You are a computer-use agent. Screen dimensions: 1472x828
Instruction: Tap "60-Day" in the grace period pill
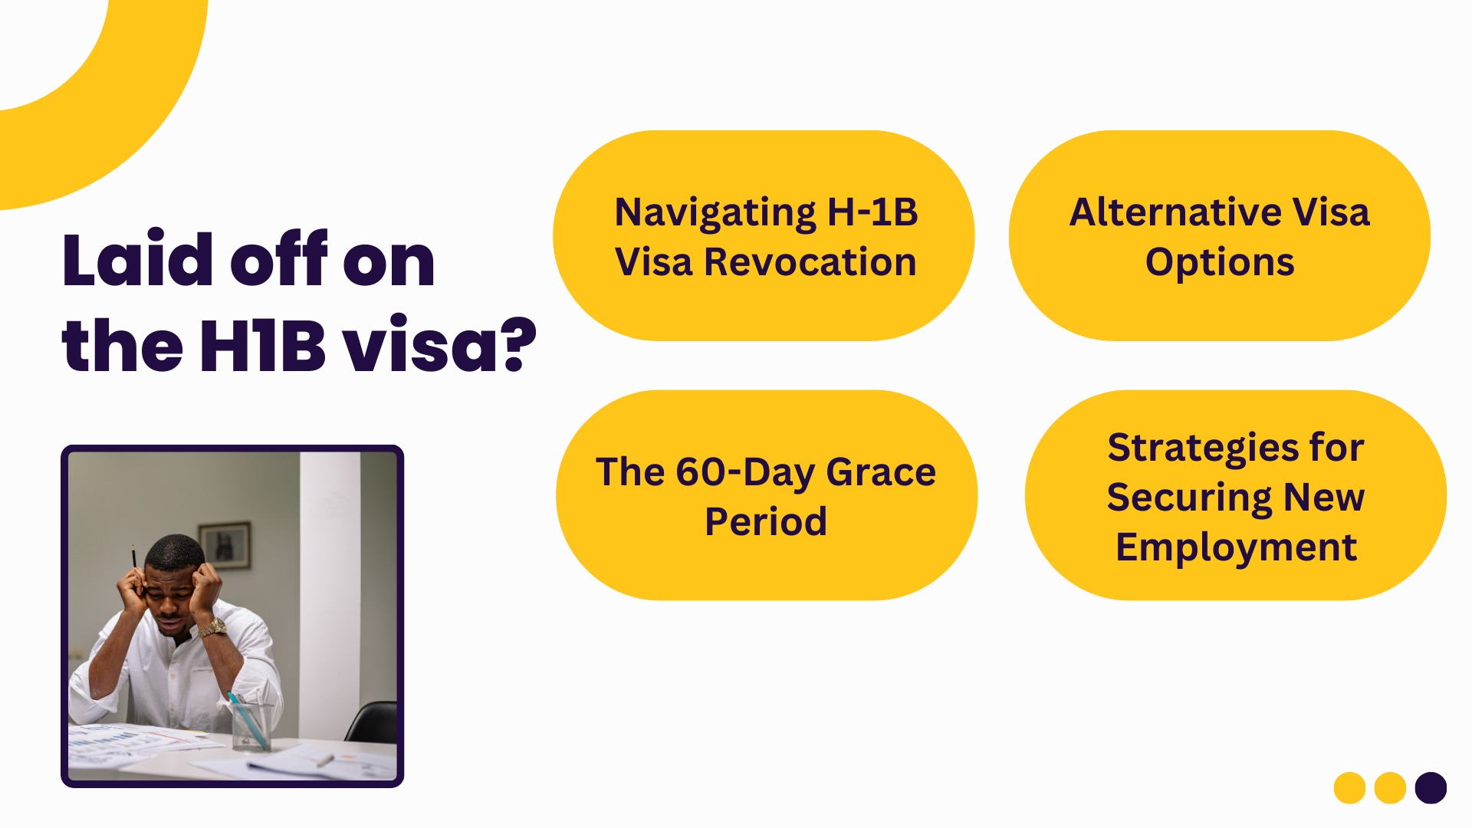(744, 473)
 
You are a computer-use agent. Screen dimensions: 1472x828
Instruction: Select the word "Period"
(766, 521)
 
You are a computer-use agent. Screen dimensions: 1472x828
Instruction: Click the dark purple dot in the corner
(1431, 787)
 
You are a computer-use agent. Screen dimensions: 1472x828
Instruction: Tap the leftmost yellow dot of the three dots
(1349, 787)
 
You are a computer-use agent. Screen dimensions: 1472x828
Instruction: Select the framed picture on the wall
(225, 545)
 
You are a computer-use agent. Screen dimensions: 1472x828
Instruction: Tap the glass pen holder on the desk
(251, 725)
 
